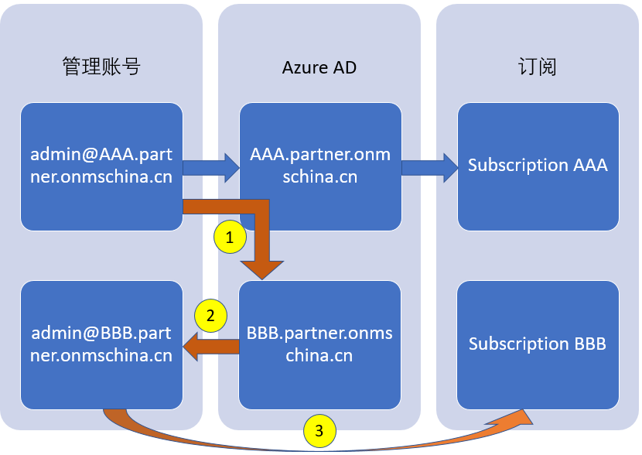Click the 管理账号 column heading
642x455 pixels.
(101, 67)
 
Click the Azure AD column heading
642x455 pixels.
(319, 67)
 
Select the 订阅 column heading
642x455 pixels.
(538, 67)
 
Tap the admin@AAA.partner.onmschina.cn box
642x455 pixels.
(101, 166)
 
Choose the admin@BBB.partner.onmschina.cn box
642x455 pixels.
(101, 345)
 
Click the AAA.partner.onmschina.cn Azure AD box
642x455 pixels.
(320, 166)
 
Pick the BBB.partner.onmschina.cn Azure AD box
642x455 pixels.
(320, 345)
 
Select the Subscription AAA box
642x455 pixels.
(538, 166)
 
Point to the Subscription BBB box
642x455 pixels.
(538, 345)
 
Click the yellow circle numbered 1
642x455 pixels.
(230, 238)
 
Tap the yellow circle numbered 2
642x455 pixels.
(211, 316)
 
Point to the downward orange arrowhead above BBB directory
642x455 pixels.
(262, 268)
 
